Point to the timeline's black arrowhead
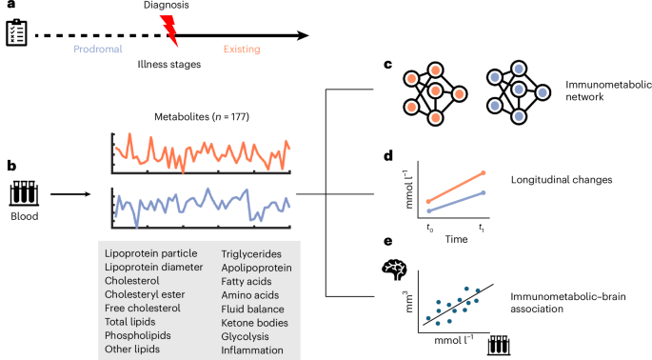pyautogui.click(x=303, y=36)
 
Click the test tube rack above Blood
pyautogui.click(x=23, y=195)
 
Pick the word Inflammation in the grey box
pyautogui.click(x=253, y=350)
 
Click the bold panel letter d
pyautogui.click(x=388, y=156)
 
